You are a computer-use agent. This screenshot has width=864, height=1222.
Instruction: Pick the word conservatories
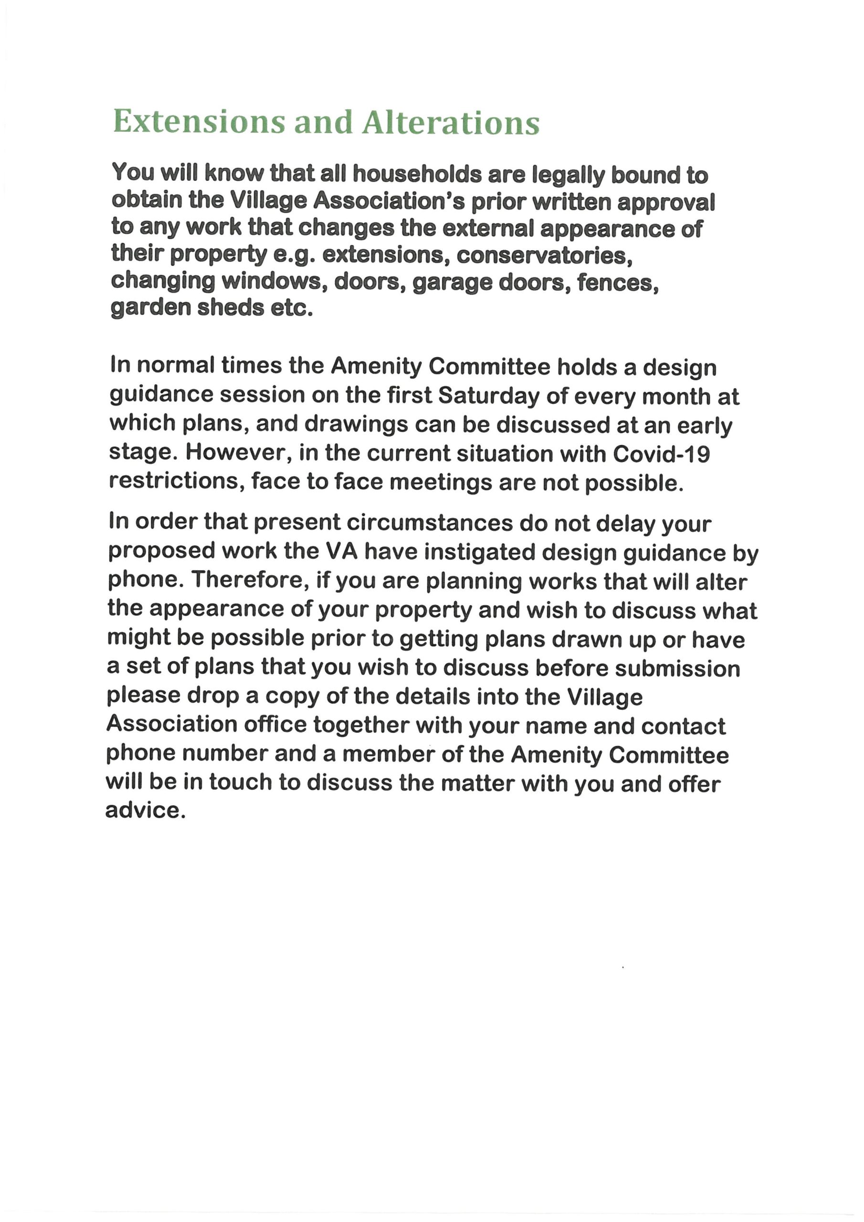coord(544,256)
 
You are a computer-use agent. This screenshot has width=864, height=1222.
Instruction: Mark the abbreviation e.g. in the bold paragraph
coord(295,256)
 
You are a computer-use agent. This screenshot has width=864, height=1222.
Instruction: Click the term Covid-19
coord(662,453)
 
